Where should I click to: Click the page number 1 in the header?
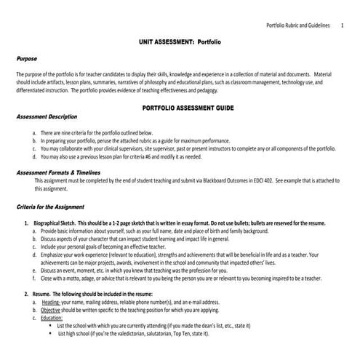[x=342, y=26]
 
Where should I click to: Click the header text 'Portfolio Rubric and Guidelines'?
[x=300, y=26]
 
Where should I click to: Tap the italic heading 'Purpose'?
[x=26, y=57]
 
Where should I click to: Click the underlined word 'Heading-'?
[x=51, y=301]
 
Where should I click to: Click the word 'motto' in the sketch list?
[x=75, y=278]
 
